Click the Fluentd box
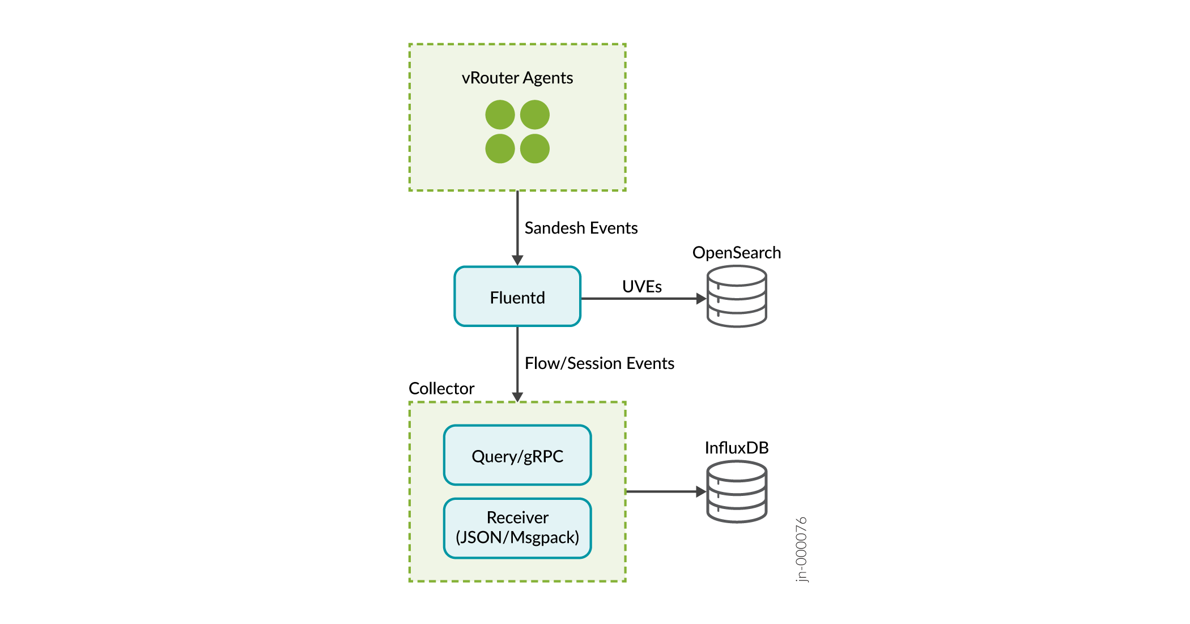click(x=517, y=296)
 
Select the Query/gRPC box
click(x=517, y=455)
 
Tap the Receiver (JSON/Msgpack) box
click(x=517, y=528)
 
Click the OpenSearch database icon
click(x=737, y=296)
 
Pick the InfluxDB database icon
click(x=737, y=491)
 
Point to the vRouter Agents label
click(x=517, y=78)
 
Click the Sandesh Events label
click(x=581, y=228)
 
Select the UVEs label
click(x=641, y=286)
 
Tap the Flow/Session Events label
click(x=600, y=363)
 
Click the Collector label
click(x=441, y=388)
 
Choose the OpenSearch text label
click(x=737, y=253)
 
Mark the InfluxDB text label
click(x=737, y=448)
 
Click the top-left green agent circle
click(x=500, y=114)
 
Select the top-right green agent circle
click(x=535, y=114)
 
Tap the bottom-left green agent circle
click(x=500, y=148)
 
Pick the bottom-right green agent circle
click(x=535, y=148)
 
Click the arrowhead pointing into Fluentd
click(x=517, y=260)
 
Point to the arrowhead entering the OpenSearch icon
click(x=701, y=299)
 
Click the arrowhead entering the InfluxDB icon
click(x=701, y=492)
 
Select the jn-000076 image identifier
click(x=801, y=549)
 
